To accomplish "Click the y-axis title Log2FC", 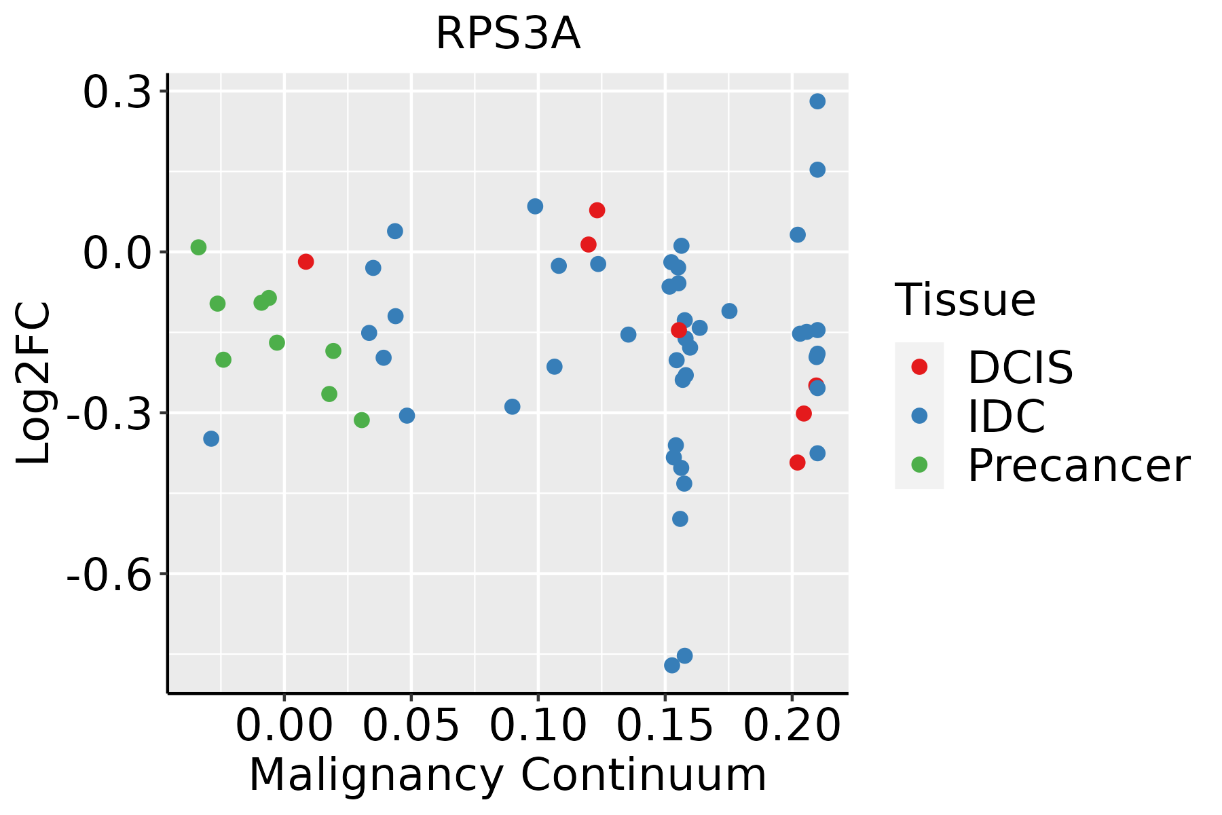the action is tap(34, 383).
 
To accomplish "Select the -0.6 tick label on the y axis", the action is tap(109, 575).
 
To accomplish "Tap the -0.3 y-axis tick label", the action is tap(109, 413).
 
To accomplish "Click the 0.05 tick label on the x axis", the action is tap(411, 726).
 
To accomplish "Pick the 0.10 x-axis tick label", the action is tap(538, 726).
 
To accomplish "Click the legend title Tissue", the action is tap(965, 300).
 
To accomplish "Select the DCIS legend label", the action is tap(1020, 367).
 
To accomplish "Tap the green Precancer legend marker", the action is tap(919, 465).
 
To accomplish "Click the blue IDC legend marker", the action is tap(919, 416).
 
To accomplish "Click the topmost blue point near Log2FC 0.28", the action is tap(817, 101).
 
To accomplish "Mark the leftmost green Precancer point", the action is tap(198, 247).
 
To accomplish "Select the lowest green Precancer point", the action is tap(362, 420).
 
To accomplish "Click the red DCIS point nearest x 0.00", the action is tap(305, 261).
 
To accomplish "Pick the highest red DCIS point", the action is tap(597, 211).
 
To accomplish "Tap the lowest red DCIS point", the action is tap(798, 463).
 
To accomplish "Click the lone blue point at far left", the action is tap(211, 439).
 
